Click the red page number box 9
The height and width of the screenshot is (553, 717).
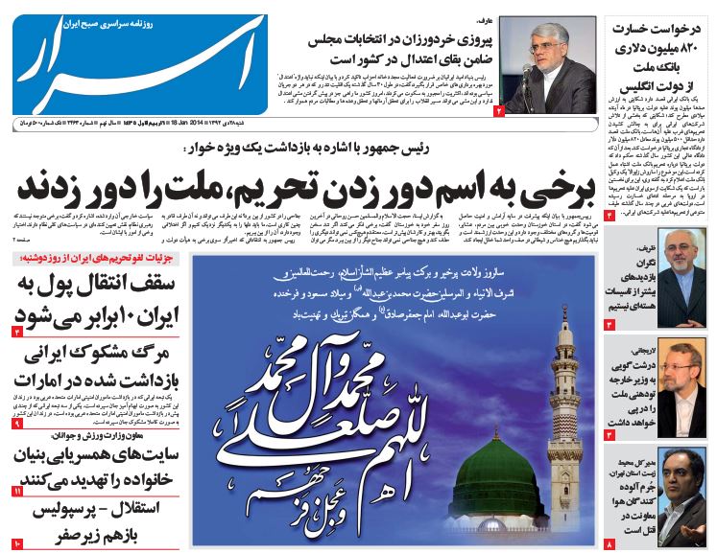(17, 424)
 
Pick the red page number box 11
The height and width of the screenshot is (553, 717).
(17, 492)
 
